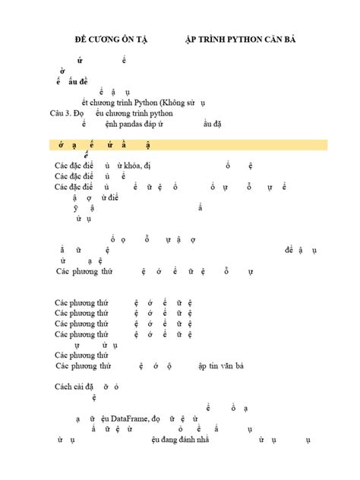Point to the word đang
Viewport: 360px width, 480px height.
click(x=166, y=440)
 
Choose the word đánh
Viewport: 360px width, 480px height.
click(x=188, y=440)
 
